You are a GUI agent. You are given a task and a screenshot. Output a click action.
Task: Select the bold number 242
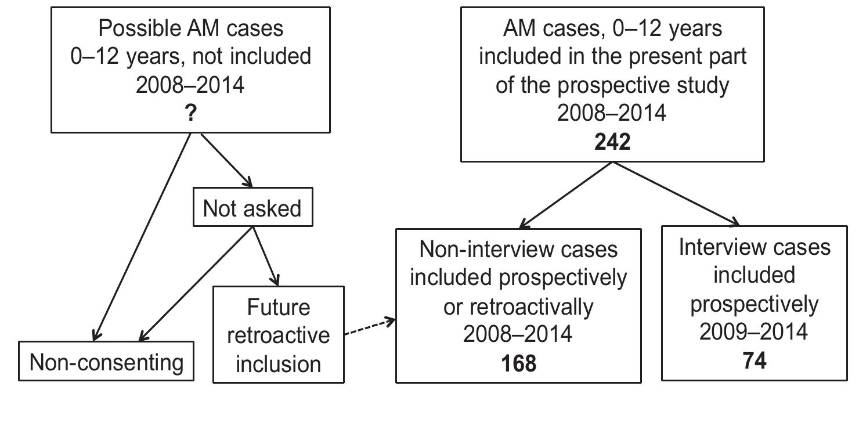[x=612, y=141]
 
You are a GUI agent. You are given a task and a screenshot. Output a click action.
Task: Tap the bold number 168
[x=518, y=363]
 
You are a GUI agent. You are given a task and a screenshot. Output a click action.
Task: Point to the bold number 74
[x=754, y=360]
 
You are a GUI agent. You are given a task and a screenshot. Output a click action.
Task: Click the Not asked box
[x=252, y=208]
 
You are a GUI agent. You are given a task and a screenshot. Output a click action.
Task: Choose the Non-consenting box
[x=106, y=363]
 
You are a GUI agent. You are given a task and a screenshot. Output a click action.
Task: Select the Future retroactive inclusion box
[x=279, y=336]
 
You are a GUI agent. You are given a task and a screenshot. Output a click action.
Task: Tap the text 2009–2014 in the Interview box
[x=753, y=332]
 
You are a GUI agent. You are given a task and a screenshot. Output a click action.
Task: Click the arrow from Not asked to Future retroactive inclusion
[x=266, y=256]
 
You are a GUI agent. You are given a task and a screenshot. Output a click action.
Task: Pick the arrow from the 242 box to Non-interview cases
[x=566, y=194]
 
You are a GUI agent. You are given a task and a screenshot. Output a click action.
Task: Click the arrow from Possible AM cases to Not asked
[x=226, y=160]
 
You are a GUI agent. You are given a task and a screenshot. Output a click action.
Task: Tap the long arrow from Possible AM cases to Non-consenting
[x=143, y=235]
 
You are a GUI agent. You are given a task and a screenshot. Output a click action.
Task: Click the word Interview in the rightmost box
[x=721, y=247]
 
